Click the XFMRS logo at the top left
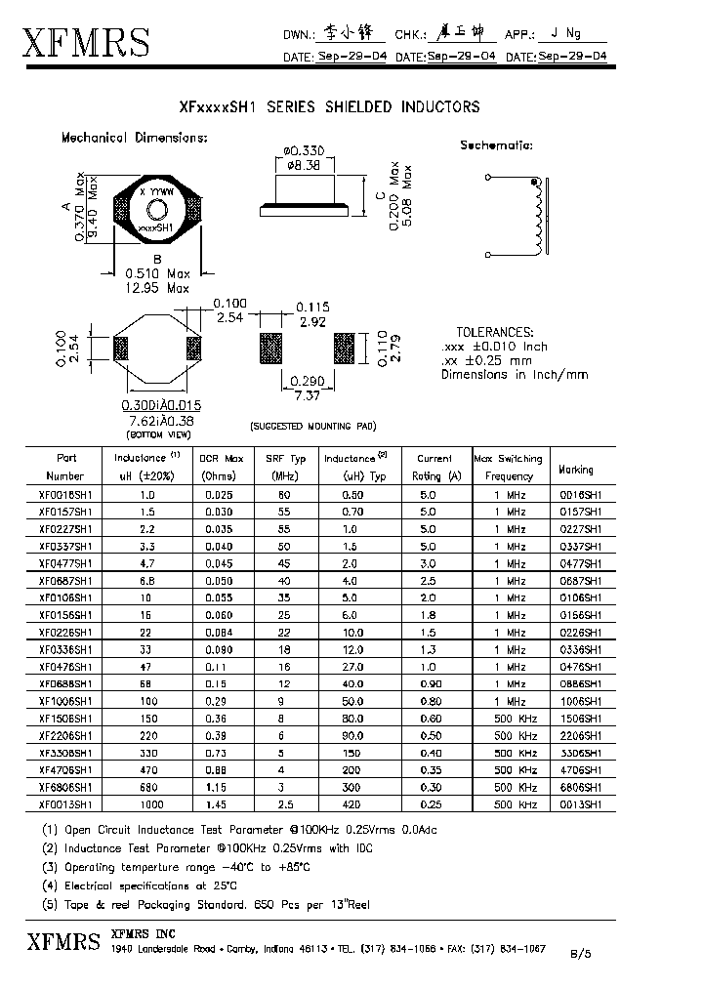tap(86, 44)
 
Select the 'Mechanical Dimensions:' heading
tap(134, 138)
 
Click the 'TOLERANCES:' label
tap(495, 332)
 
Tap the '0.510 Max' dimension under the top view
tap(157, 274)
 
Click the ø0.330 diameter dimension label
tap(304, 150)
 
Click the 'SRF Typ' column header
tap(286, 458)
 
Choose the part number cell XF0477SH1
tap(65, 563)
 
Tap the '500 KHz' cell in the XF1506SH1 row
tap(516, 719)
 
